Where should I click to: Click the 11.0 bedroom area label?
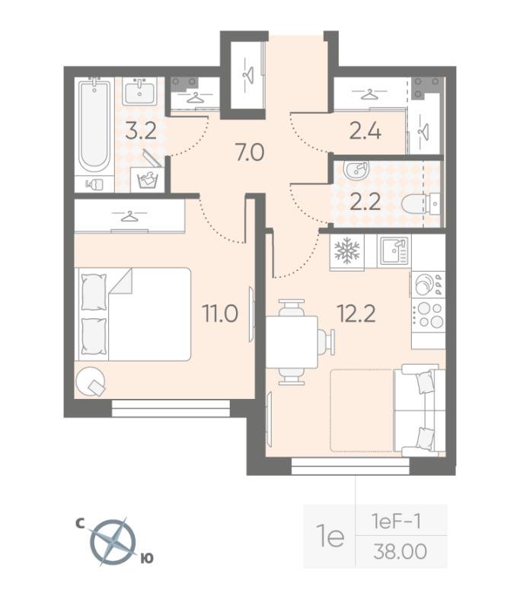coord(220,314)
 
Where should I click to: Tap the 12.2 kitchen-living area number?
coord(356,314)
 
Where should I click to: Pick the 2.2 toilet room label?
coord(365,202)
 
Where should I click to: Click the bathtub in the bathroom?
coord(94,126)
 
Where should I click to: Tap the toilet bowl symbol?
coord(420,203)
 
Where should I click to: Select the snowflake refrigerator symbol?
coord(347,249)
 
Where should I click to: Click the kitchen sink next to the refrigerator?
coord(394,251)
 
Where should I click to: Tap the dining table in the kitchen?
coord(292,342)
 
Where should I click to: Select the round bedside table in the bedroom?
coord(90,381)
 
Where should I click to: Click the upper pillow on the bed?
coord(94,292)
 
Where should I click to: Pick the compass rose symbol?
coord(113,542)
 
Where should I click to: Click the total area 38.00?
coord(400,551)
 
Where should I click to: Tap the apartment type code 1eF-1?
coord(396,521)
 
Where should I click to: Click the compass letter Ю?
coord(147,559)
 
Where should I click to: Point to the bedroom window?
coord(171,409)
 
